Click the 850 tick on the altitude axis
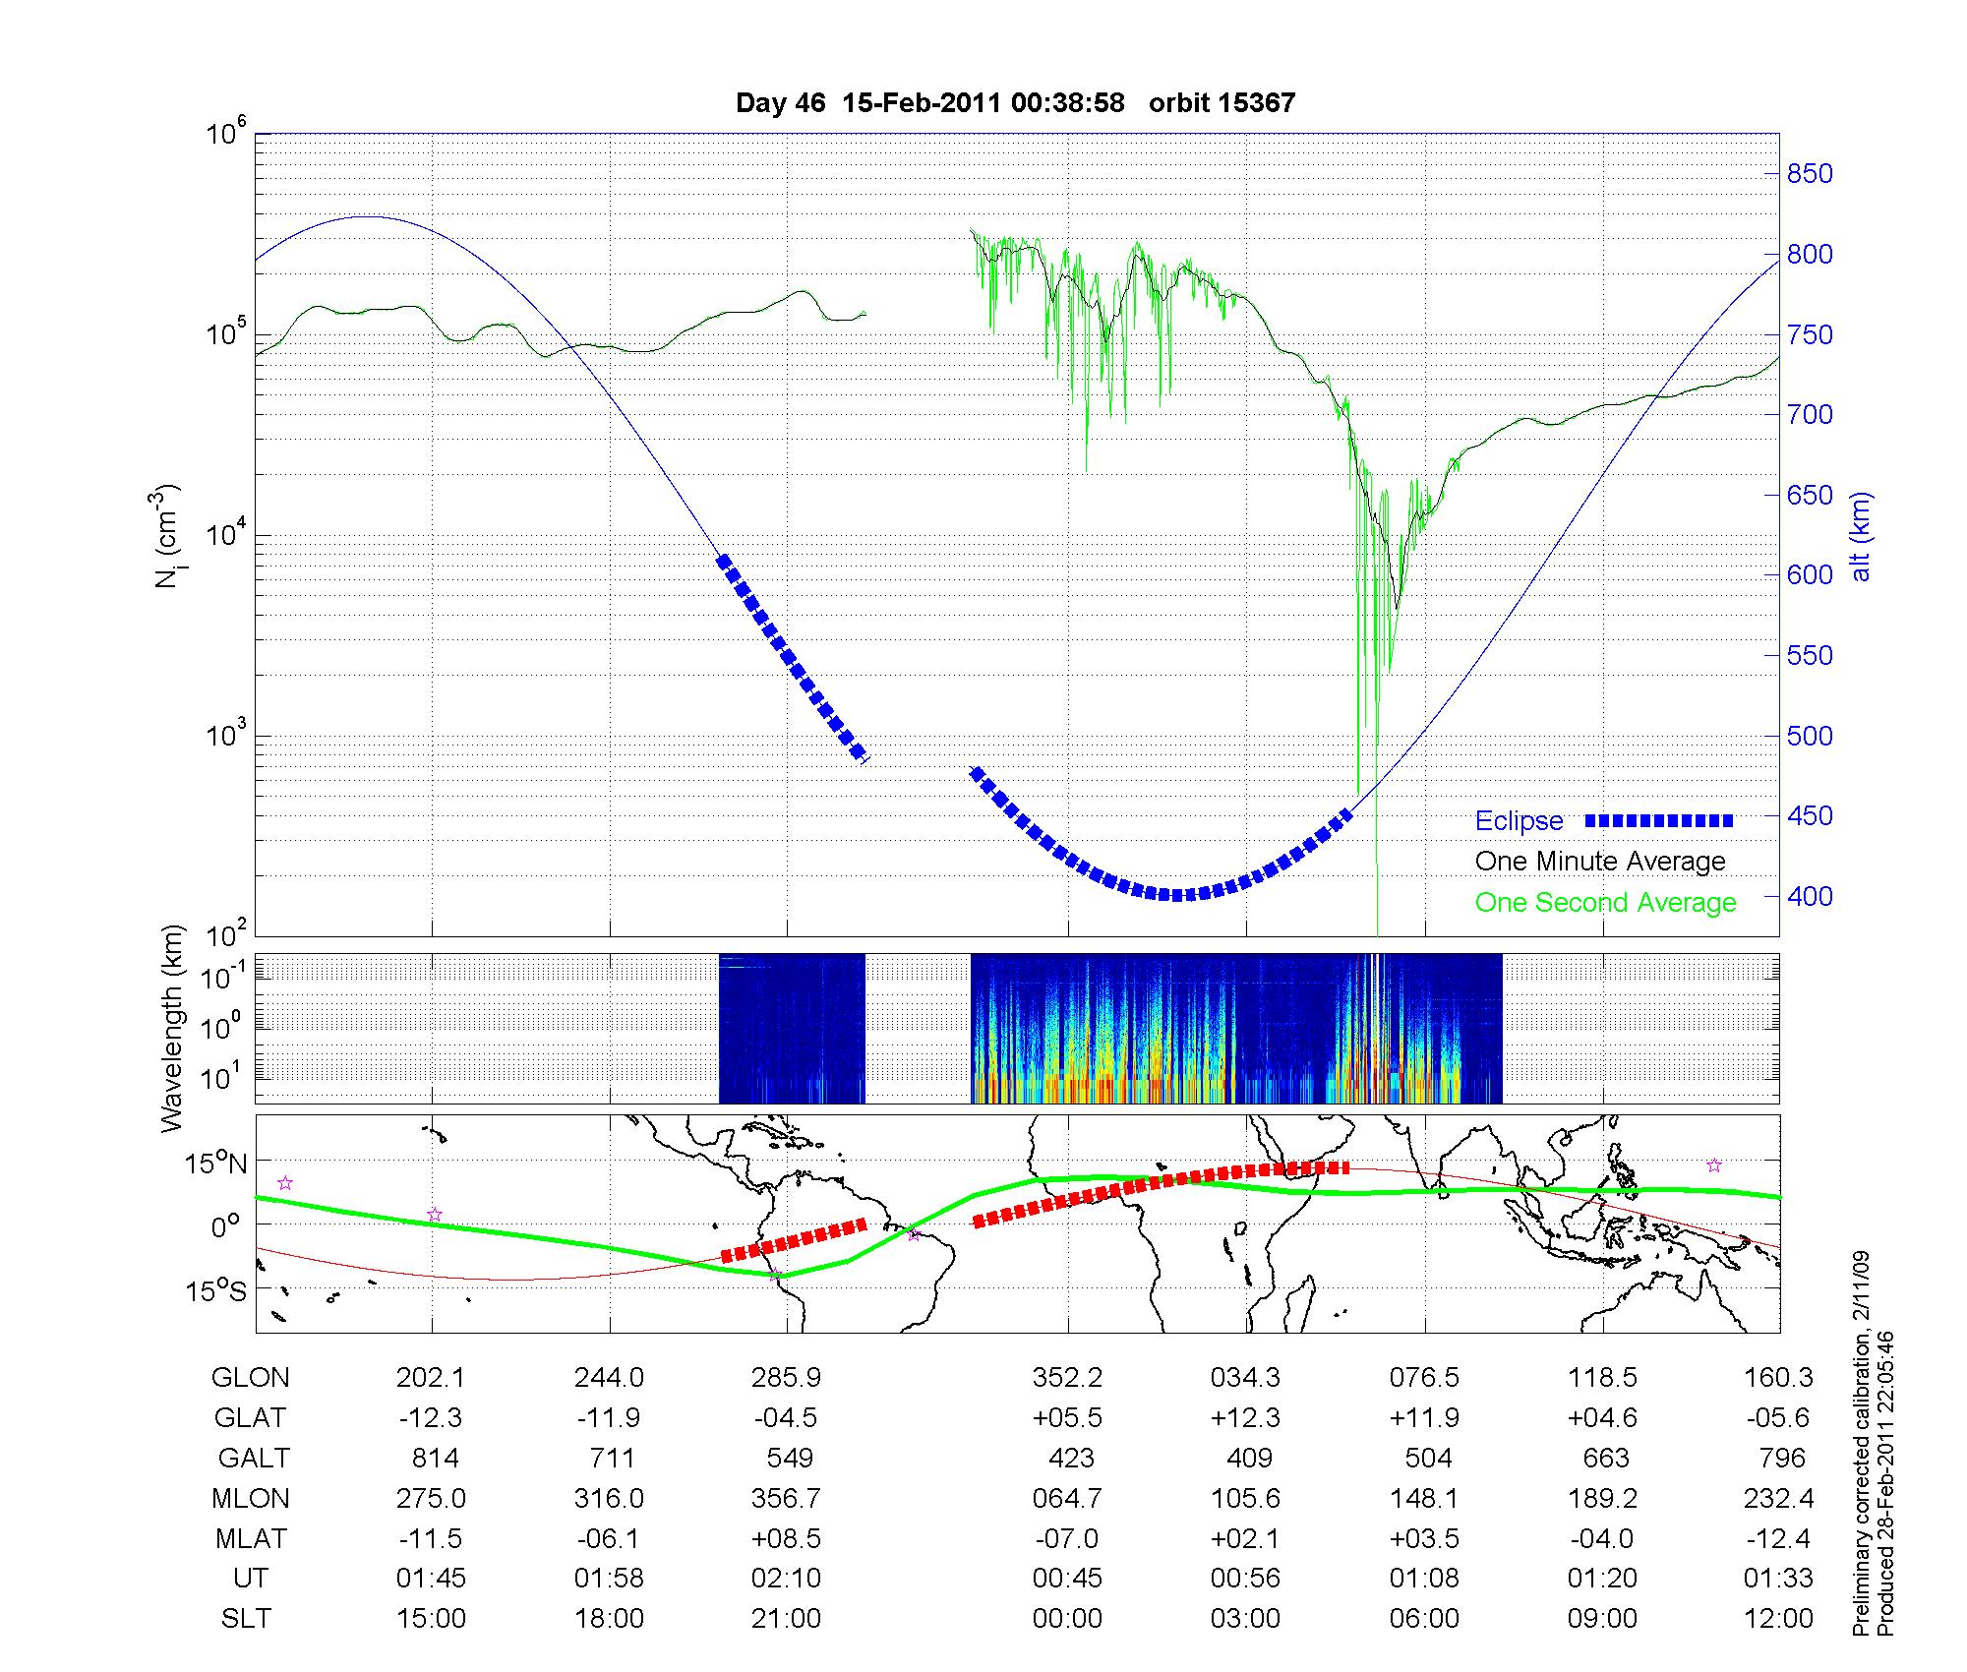point(1810,174)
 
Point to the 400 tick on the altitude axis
point(1810,896)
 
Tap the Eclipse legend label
point(1519,821)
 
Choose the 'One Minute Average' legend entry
point(1600,862)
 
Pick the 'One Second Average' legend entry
point(1605,903)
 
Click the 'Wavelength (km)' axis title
point(173,1028)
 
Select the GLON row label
point(251,1378)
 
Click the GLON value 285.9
point(786,1378)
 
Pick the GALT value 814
point(434,1458)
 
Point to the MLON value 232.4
point(1778,1498)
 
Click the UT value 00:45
point(1067,1579)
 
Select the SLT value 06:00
point(1424,1618)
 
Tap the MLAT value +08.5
point(786,1538)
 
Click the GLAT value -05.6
point(1778,1417)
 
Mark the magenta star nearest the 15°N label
point(285,1183)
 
